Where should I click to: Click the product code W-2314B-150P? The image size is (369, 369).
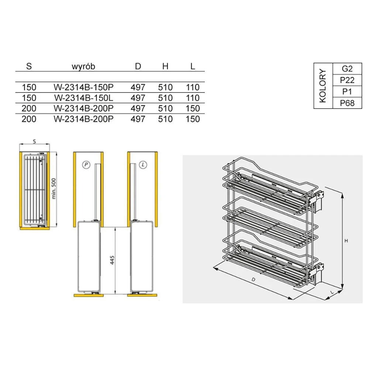83,87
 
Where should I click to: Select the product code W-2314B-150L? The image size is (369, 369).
83,98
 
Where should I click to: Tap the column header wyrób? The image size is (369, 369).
83,66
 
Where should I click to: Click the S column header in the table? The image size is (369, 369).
29,66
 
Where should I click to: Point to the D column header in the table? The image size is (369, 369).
138,66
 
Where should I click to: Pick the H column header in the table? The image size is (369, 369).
165,66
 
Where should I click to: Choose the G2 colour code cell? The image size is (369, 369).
347,69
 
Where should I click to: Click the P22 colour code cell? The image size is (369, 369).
347,80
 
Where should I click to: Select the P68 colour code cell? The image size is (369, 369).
347,103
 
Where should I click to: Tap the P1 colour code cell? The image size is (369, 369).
347,92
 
